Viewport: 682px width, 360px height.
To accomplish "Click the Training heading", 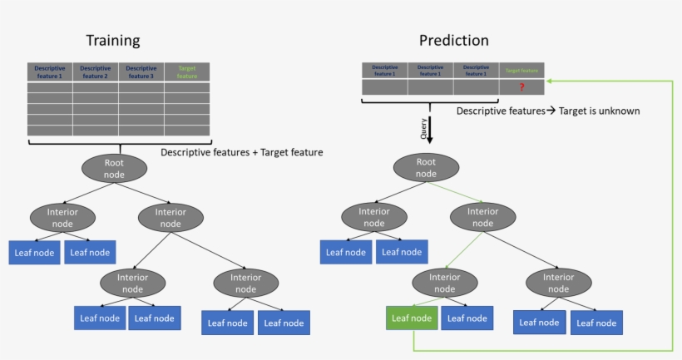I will pyautogui.click(x=113, y=40).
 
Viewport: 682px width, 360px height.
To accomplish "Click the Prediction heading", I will pyautogui.click(x=453, y=40).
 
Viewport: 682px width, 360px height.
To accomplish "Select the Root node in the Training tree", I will pyautogui.click(x=114, y=169).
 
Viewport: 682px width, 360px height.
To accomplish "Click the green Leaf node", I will pyautogui.click(x=411, y=318).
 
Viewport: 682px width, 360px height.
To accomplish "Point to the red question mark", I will pyautogui.click(x=521, y=87).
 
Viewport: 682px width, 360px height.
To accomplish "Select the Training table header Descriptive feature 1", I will pyautogui.click(x=50, y=72).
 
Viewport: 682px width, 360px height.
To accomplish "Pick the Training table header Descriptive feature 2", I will pyautogui.click(x=96, y=72).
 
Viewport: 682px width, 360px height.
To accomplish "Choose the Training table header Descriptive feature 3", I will pyautogui.click(x=141, y=72).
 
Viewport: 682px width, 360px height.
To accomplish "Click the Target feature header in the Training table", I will pyautogui.click(x=186, y=72).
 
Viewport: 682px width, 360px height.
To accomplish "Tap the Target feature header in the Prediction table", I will pyautogui.click(x=521, y=71).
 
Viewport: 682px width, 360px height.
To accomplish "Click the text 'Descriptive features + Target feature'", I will pyautogui.click(x=241, y=152).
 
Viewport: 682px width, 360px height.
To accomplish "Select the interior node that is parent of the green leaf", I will pyautogui.click(x=445, y=283).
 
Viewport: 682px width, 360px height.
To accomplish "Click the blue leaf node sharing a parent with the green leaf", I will pyautogui.click(x=467, y=318).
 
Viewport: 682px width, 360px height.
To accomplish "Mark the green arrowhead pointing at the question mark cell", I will pyautogui.click(x=550, y=81).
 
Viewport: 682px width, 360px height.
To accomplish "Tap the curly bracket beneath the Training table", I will pyautogui.click(x=118, y=143).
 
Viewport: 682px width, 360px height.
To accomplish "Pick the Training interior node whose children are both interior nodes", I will pyautogui.click(x=170, y=218).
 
